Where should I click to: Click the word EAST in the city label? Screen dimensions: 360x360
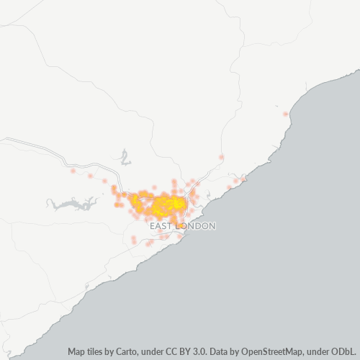[161, 226]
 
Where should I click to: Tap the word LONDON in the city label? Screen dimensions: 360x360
[195, 226]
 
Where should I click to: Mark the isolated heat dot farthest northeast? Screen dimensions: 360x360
[286, 114]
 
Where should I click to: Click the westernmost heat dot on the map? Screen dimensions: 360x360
[73, 171]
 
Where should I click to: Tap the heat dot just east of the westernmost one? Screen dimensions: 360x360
[89, 176]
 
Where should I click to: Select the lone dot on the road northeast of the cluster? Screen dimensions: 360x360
[221, 157]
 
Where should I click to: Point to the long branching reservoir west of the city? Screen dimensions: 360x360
[72, 204]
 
